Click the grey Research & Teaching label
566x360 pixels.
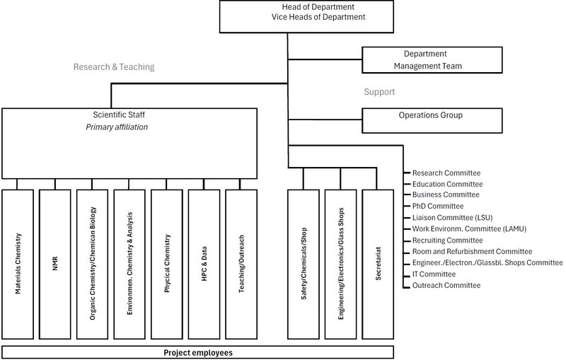[x=114, y=68]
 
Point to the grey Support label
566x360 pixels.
[x=379, y=92]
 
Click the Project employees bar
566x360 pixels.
[x=197, y=352]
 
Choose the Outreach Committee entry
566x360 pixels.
[x=446, y=285]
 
